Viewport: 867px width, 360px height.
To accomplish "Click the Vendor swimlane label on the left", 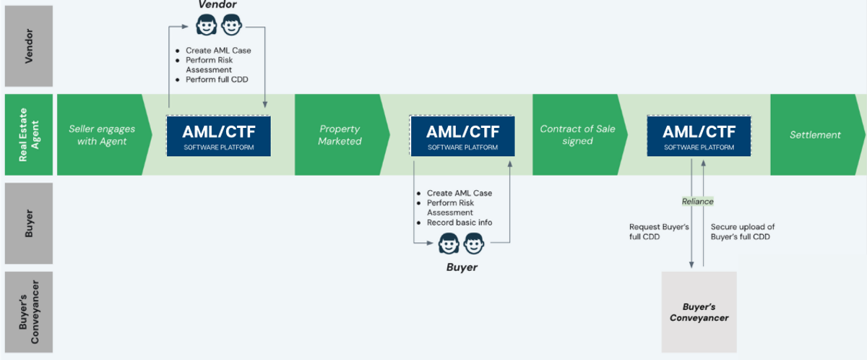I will pyautogui.click(x=29, y=46).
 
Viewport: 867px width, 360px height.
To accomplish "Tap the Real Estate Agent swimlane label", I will pyautogui.click(x=29, y=134).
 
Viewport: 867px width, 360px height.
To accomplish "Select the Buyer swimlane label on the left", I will pyautogui.click(x=29, y=223).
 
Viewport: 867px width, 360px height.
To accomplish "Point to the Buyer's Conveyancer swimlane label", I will pyautogui.click(x=29, y=312).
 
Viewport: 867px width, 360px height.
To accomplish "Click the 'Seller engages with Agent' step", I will pyautogui.click(x=102, y=134).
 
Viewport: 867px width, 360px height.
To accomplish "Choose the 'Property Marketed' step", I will pyautogui.click(x=340, y=134).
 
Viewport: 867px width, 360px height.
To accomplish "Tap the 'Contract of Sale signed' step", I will pyautogui.click(x=577, y=134).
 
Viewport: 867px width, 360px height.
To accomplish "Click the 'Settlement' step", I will pyautogui.click(x=815, y=134).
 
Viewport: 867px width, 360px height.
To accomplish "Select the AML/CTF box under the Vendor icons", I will pyautogui.click(x=218, y=135).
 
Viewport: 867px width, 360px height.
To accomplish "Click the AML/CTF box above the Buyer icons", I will pyautogui.click(x=462, y=135).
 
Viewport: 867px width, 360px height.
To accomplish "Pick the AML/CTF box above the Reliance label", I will pyautogui.click(x=699, y=135).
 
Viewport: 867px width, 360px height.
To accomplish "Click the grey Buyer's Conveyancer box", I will pyautogui.click(x=699, y=312).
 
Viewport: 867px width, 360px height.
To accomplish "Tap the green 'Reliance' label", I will pyautogui.click(x=697, y=202).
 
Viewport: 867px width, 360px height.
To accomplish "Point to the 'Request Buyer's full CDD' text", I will pyautogui.click(x=659, y=231).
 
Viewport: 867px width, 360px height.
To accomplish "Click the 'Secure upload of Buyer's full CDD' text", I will pyautogui.click(x=742, y=231).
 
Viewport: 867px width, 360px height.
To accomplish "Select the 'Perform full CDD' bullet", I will pyautogui.click(x=217, y=80).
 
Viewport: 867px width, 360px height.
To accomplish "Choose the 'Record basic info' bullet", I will pyautogui.click(x=459, y=223).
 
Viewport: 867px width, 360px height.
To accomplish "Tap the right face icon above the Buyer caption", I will pyautogui.click(x=474, y=245).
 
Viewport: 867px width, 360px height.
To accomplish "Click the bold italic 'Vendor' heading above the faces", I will pyautogui.click(x=217, y=6).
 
